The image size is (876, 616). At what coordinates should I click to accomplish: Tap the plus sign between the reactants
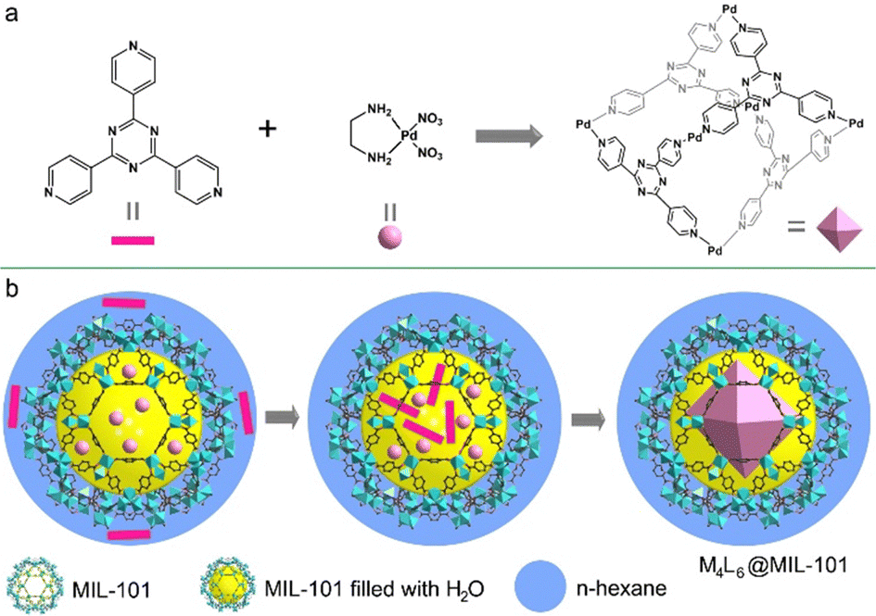pos(268,128)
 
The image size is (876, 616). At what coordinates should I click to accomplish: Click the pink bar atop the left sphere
pos(123,303)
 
